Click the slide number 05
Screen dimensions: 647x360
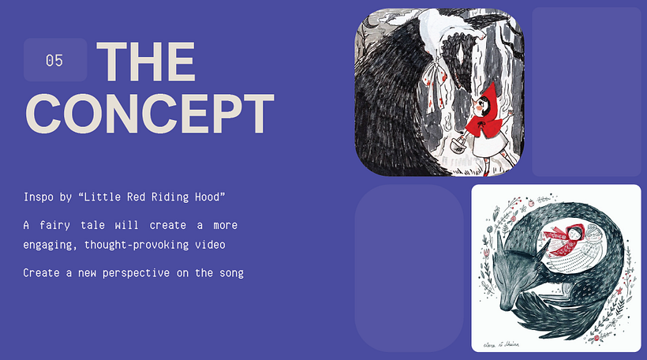point(54,61)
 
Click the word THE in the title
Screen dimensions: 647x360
point(146,62)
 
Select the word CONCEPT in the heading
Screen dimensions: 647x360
point(150,113)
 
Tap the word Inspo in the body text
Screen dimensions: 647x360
point(39,197)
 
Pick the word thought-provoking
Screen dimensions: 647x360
point(137,246)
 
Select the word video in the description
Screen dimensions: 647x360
point(210,245)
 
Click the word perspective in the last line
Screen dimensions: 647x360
point(136,273)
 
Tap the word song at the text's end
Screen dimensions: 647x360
point(231,274)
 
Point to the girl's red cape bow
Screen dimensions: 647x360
point(483,122)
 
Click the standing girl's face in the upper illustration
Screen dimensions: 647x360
point(482,108)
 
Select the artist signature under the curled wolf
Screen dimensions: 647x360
point(501,344)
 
